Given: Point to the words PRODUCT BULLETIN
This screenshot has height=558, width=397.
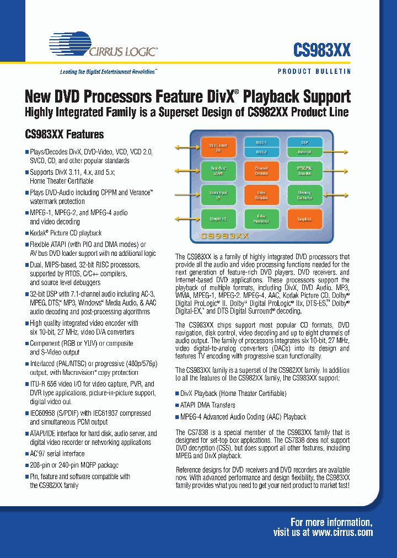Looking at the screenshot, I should pos(314,72).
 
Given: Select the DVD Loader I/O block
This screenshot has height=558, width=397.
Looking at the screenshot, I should pos(214,147).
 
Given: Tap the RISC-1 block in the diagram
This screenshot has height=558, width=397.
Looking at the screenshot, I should pos(261,142).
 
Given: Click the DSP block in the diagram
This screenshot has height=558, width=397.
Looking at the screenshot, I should pos(304,142).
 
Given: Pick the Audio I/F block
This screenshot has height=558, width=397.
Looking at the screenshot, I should pos(304,152).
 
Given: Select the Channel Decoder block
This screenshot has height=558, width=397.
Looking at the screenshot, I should pos(261,170).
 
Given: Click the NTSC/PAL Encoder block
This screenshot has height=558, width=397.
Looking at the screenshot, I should pos(304,170).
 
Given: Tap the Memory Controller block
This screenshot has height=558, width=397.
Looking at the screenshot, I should pos(304,194).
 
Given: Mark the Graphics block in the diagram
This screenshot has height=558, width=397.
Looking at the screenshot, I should pos(304,218).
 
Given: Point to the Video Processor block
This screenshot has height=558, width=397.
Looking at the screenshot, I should pos(261,218).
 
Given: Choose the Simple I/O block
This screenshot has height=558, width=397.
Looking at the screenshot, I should pos(214,218).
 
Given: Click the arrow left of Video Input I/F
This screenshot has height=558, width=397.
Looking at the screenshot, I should pos(186,195).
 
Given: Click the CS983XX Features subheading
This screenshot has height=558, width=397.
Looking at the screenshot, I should pos(65,135).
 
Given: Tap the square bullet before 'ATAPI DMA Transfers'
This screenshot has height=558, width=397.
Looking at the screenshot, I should pos(178,405).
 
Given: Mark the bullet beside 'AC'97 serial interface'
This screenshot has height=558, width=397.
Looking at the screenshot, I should pos(27,454).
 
